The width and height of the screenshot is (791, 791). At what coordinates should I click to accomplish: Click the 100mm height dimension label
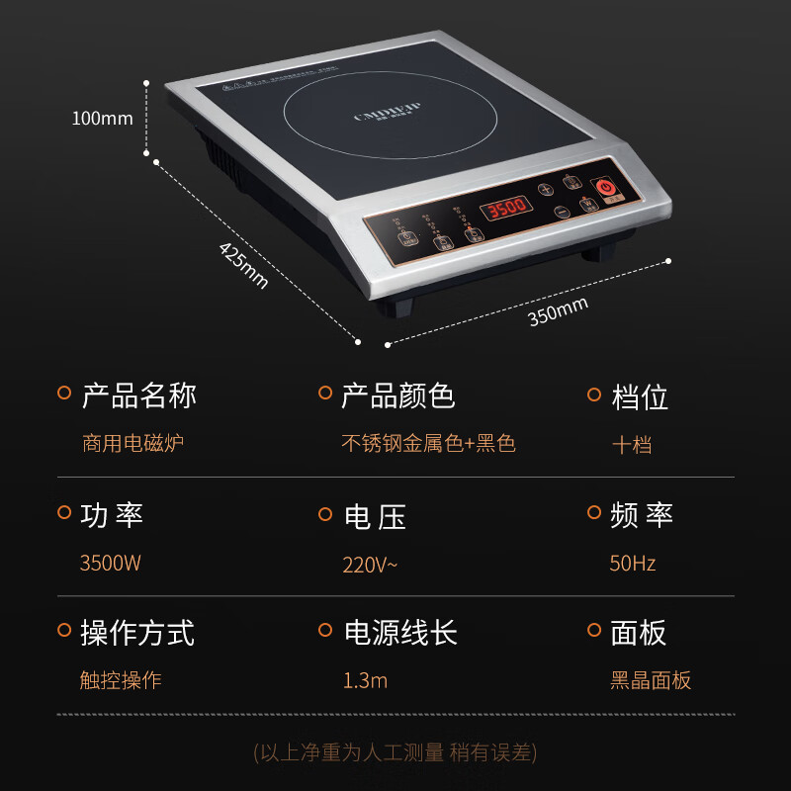click(x=102, y=119)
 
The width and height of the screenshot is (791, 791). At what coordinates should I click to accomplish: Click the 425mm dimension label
click(x=243, y=265)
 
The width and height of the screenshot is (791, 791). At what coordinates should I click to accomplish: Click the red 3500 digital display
click(x=506, y=209)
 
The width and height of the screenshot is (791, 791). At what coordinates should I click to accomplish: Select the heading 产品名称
click(x=138, y=395)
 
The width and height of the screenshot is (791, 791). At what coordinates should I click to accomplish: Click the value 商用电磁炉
click(x=132, y=443)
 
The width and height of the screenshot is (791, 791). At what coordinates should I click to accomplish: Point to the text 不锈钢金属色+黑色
click(x=428, y=443)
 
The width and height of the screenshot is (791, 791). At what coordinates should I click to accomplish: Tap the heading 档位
click(x=640, y=396)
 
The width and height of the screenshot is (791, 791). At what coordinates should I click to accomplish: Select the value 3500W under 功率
click(x=110, y=564)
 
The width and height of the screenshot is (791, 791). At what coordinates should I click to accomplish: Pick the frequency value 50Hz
click(x=633, y=564)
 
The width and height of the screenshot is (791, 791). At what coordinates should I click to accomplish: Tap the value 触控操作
click(x=121, y=680)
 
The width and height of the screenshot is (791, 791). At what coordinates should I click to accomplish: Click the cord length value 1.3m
click(x=365, y=680)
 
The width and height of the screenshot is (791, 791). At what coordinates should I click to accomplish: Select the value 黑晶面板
click(x=651, y=680)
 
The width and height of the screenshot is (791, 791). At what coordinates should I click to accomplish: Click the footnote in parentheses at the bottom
click(x=395, y=752)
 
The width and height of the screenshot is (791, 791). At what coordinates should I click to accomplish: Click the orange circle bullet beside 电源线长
click(x=324, y=630)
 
